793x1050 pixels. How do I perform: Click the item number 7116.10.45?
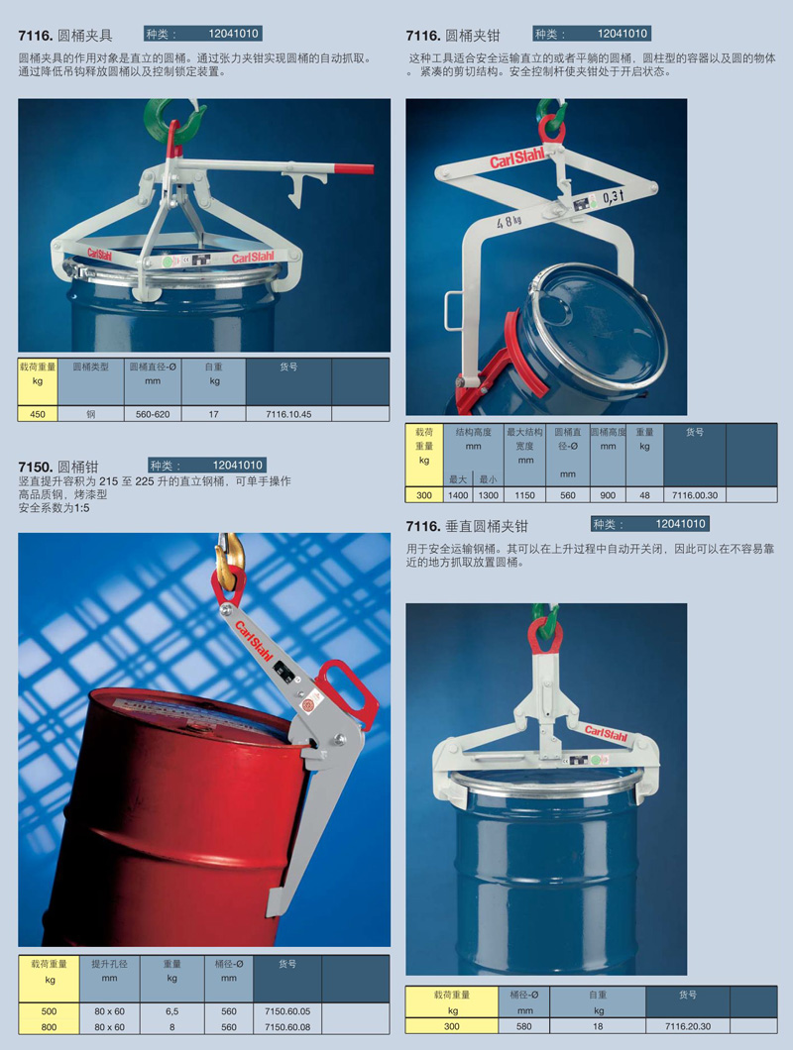[x=288, y=414]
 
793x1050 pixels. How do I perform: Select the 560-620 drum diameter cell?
[x=153, y=414]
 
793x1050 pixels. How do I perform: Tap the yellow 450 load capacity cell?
[x=38, y=414]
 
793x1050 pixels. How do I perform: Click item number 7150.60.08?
[x=287, y=1026]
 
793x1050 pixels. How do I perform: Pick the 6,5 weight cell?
[x=172, y=1011]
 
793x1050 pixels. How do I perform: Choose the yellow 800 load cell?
[x=49, y=1026]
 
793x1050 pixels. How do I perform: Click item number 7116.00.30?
[x=695, y=495]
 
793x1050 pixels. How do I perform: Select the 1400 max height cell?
[x=458, y=495]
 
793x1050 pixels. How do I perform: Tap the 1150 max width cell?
[x=525, y=495]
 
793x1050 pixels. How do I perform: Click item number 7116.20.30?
[x=688, y=1026]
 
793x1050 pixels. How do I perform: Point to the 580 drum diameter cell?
[x=524, y=1026]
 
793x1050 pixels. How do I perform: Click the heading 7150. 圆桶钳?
[x=58, y=467]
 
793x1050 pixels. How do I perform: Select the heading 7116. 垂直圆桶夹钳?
[x=467, y=526]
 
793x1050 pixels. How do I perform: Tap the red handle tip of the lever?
[x=354, y=168]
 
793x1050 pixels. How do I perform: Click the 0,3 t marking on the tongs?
[x=613, y=197]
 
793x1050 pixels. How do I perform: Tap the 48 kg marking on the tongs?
[x=509, y=220]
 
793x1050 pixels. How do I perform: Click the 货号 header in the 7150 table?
[x=287, y=964]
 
